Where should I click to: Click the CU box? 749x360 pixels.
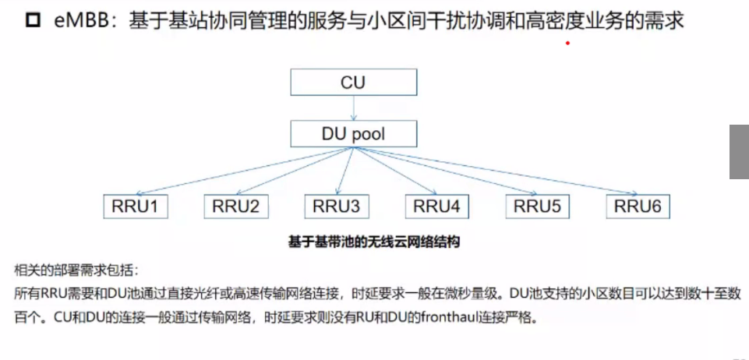tap(352, 83)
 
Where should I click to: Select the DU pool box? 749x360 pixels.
tap(352, 133)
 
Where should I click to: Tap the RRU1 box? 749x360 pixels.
tap(136, 206)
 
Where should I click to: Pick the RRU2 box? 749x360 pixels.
tap(236, 206)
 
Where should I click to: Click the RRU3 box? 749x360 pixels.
tap(337, 206)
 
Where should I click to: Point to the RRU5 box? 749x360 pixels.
tap(537, 206)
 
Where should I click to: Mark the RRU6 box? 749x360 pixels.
tap(638, 206)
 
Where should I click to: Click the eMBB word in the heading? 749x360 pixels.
tap(83, 21)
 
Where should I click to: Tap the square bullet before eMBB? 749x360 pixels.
tap(33, 21)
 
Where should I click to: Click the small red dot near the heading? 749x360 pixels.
tap(567, 44)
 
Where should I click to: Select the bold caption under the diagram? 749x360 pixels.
tap(374, 242)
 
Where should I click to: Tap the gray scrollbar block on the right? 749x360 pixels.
tap(739, 152)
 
